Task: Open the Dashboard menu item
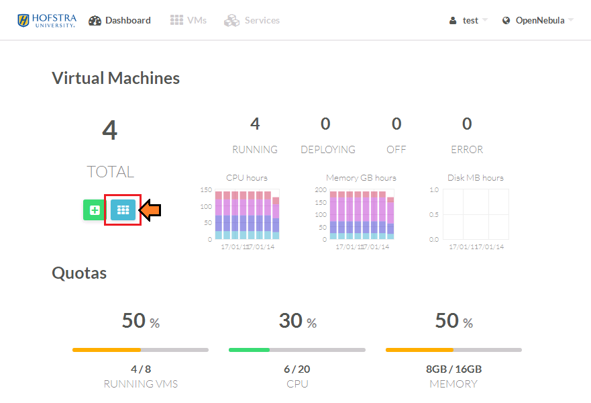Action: [119, 20]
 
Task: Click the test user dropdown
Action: [468, 20]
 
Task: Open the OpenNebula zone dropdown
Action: [538, 20]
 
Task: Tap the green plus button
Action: [95, 210]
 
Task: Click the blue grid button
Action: [123, 210]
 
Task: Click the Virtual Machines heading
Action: [115, 78]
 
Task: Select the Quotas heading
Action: [79, 273]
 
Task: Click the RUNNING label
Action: [255, 150]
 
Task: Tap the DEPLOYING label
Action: [328, 150]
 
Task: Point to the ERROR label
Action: [467, 150]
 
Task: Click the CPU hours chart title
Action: [247, 178]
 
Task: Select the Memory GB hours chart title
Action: [361, 178]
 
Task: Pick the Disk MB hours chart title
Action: [475, 178]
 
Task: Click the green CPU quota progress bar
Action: [249, 350]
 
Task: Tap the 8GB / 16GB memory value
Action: [453, 369]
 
